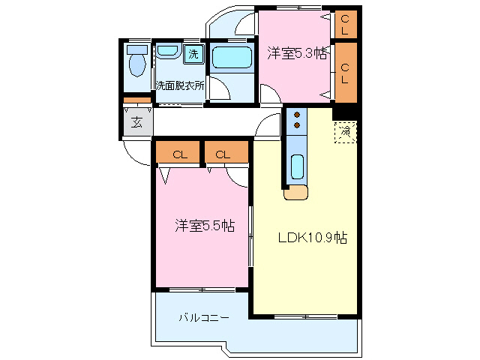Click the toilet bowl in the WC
click(x=137, y=66)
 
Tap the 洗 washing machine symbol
click(x=193, y=54)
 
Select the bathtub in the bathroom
click(x=232, y=58)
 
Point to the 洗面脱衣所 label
click(x=179, y=85)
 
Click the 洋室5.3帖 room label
click(x=298, y=53)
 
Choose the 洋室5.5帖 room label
click(x=204, y=225)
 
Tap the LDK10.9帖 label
click(x=312, y=238)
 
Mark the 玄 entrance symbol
click(x=137, y=122)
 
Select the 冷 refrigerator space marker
click(x=344, y=132)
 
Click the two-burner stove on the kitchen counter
click(x=296, y=120)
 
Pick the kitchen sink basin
click(x=297, y=166)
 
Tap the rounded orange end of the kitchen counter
click(x=296, y=193)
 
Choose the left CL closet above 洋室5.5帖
click(x=179, y=154)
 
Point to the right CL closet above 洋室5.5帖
click(x=223, y=154)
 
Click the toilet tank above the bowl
click(x=137, y=49)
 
